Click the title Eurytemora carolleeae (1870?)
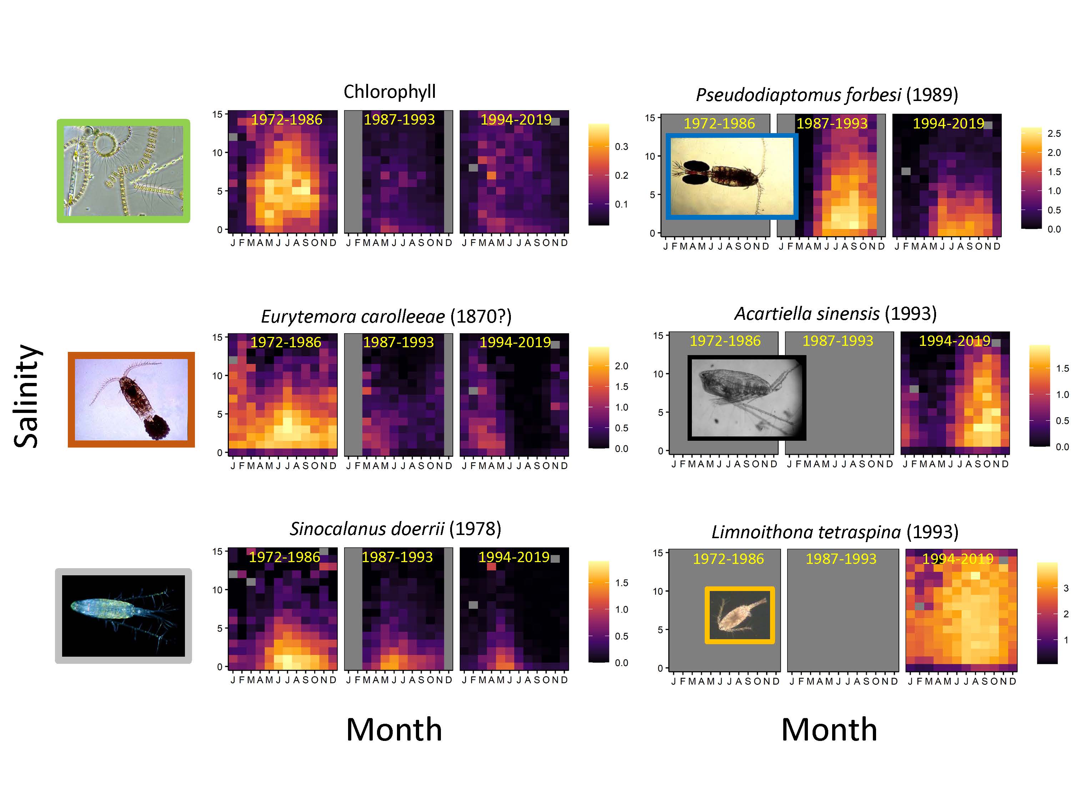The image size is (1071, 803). coord(386,317)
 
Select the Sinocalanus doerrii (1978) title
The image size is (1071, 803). coord(396,529)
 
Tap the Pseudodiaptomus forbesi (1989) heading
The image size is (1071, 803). coord(827,95)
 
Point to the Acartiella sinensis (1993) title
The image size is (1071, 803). coord(836,314)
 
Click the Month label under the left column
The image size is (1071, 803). coord(394,729)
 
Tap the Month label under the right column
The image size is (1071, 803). coord(829,729)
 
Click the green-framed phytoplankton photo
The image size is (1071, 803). coord(124,171)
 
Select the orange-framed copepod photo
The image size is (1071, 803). coord(131,399)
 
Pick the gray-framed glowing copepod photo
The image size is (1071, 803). coord(124,616)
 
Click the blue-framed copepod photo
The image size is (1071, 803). coord(731,177)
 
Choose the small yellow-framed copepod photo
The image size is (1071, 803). coord(739,615)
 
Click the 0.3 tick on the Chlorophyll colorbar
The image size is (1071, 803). coord(622,147)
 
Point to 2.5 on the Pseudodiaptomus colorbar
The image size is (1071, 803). coord(1054,133)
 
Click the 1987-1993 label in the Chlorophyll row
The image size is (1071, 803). coord(399,119)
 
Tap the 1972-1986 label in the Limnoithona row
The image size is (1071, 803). coord(728,559)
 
